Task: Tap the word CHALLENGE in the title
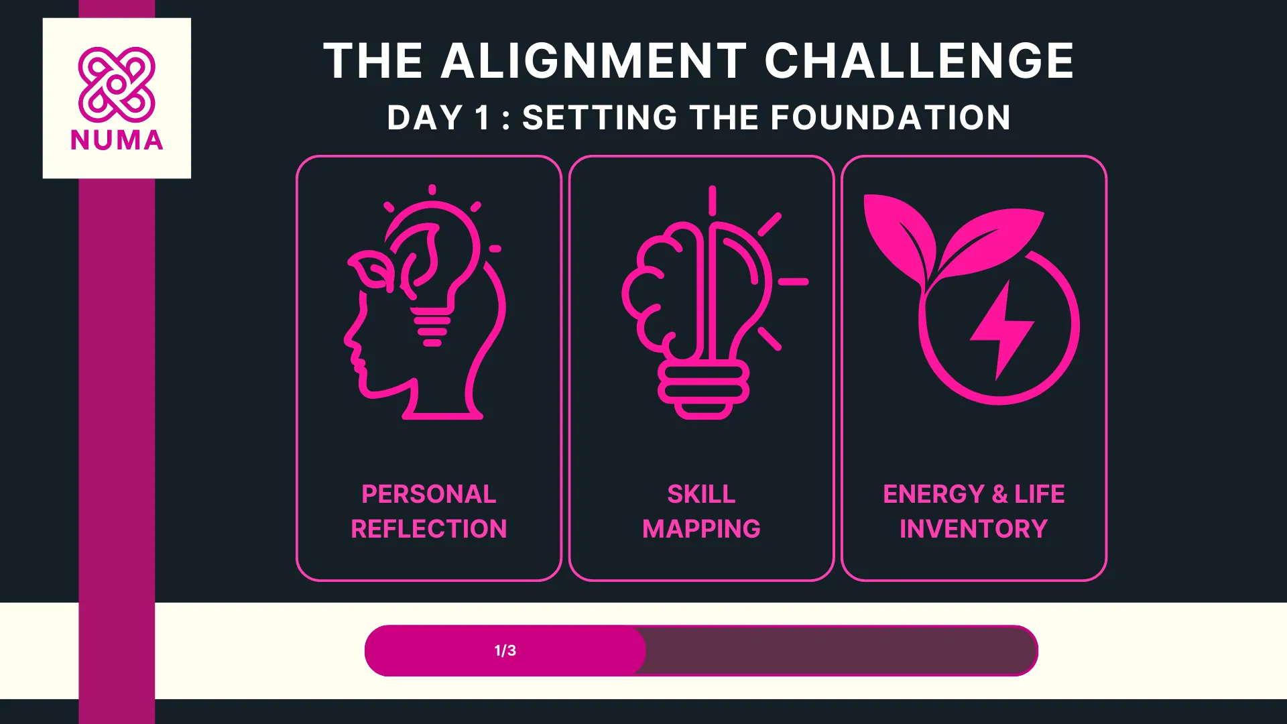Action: pyautogui.click(x=919, y=61)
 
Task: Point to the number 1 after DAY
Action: pyautogui.click(x=483, y=118)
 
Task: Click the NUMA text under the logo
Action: pyautogui.click(x=117, y=141)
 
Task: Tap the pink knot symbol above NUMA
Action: pyautogui.click(x=117, y=84)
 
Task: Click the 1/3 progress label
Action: pyautogui.click(x=505, y=650)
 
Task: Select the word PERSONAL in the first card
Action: pyautogui.click(x=429, y=494)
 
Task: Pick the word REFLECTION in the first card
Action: pyautogui.click(x=429, y=529)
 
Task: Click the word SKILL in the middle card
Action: pyautogui.click(x=701, y=494)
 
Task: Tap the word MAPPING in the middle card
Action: pyautogui.click(x=701, y=529)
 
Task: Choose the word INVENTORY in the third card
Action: pyautogui.click(x=973, y=529)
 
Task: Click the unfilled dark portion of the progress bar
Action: pyautogui.click(x=838, y=650)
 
